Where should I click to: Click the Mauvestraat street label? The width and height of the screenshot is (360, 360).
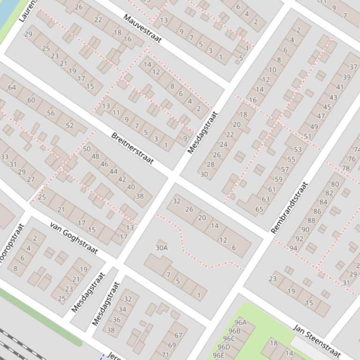tap(142, 29)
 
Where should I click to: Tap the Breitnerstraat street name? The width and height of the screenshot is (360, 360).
tap(132, 148)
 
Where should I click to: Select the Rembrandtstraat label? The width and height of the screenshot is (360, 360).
tap(290, 207)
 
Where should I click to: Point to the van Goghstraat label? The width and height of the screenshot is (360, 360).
tap(73, 238)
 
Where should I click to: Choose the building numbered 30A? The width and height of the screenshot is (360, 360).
tap(162, 248)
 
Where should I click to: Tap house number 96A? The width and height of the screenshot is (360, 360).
tap(240, 323)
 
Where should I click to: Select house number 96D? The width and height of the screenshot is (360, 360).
tap(224, 347)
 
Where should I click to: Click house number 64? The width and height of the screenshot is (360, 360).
tap(12, 87)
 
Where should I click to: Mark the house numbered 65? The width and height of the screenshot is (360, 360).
tap(259, 209)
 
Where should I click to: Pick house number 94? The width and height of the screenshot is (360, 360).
tap(293, 248)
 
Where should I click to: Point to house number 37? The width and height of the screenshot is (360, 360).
tap(353, 67)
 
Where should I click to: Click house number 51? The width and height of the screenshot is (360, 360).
tap(307, 137)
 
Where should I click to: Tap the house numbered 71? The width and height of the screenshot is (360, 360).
tap(165, 355)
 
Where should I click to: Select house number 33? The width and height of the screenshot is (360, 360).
tap(5, 157)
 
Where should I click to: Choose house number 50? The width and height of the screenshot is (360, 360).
tap(87, 149)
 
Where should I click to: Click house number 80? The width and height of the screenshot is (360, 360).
tap(335, 185)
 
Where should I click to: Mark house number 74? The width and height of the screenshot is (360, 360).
tap(357, 150)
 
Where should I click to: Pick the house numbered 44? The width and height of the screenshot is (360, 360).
tap(113, 172)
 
